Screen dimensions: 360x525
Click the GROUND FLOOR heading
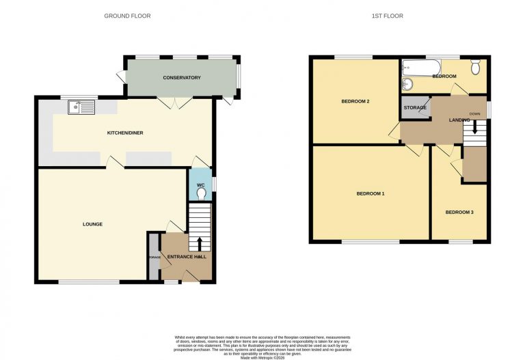click(127, 16)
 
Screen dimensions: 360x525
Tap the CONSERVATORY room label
click(182, 78)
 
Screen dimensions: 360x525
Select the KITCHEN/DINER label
click(125, 132)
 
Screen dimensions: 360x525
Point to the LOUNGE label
click(93, 224)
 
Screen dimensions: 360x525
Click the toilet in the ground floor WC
click(201, 194)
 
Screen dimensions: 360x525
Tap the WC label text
click(201, 184)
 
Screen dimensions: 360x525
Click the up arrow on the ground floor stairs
click(200, 244)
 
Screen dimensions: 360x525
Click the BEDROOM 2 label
click(355, 102)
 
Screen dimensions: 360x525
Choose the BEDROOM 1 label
click(371, 193)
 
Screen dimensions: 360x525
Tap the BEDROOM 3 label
click(459, 212)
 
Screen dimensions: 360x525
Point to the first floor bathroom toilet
click(476, 67)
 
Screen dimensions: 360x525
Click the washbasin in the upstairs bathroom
click(407, 85)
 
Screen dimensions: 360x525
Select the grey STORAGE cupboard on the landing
click(415, 108)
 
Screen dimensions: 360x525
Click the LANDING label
click(459, 120)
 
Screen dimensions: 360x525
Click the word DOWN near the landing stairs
click(474, 114)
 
